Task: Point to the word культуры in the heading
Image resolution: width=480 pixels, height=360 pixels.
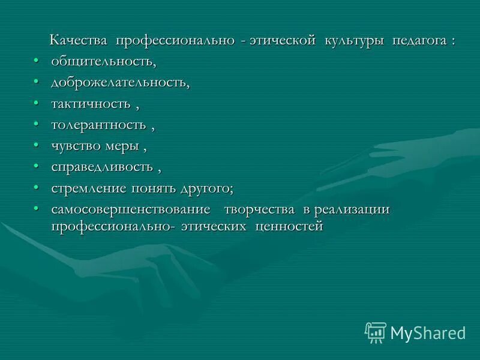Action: pos(355,41)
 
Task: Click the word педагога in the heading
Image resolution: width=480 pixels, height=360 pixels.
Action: pos(419,41)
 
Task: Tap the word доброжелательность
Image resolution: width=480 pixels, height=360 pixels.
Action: pos(119,82)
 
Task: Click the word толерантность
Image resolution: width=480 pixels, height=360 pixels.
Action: pos(98,125)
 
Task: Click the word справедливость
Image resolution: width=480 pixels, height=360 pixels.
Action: pos(101,167)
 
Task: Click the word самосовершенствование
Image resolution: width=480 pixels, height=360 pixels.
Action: pos(131,209)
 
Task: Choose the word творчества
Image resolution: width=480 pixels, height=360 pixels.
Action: pos(259,209)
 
